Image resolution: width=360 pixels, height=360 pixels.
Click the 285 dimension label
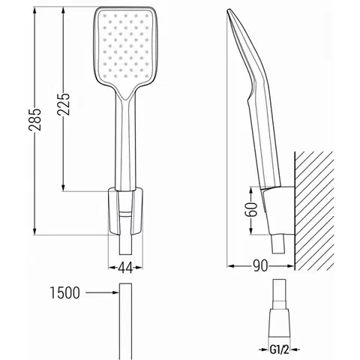pos(34,119)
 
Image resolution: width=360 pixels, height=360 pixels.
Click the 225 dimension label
pos(63,104)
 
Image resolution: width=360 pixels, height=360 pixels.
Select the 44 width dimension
pos(125,268)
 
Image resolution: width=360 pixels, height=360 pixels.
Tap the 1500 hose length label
pos(65,292)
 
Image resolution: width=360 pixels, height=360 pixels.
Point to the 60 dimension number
pos(251,209)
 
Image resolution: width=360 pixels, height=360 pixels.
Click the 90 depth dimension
pos(260,265)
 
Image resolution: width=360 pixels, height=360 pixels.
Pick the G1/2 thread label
pos(279,349)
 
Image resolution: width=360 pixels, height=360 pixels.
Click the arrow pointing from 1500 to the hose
pos(102,292)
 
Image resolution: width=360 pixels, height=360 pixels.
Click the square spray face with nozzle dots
pos(125,46)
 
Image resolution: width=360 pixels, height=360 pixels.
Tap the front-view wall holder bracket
pos(125,211)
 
